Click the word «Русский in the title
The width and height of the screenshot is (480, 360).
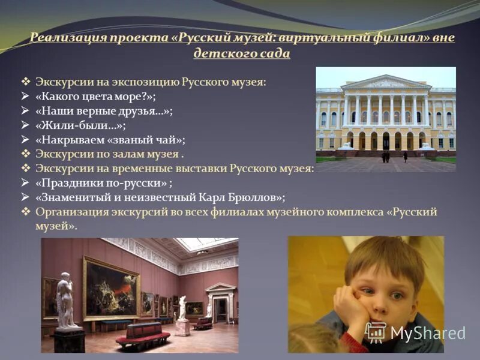203,38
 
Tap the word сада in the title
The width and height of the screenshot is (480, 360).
275,53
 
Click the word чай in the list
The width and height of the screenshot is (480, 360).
170,140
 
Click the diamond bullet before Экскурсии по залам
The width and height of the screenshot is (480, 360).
25,154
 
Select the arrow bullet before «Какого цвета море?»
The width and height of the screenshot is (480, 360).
25,96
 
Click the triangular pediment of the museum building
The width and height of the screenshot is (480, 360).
386,82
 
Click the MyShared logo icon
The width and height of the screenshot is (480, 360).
376,332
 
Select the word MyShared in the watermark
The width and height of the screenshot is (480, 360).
427,334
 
